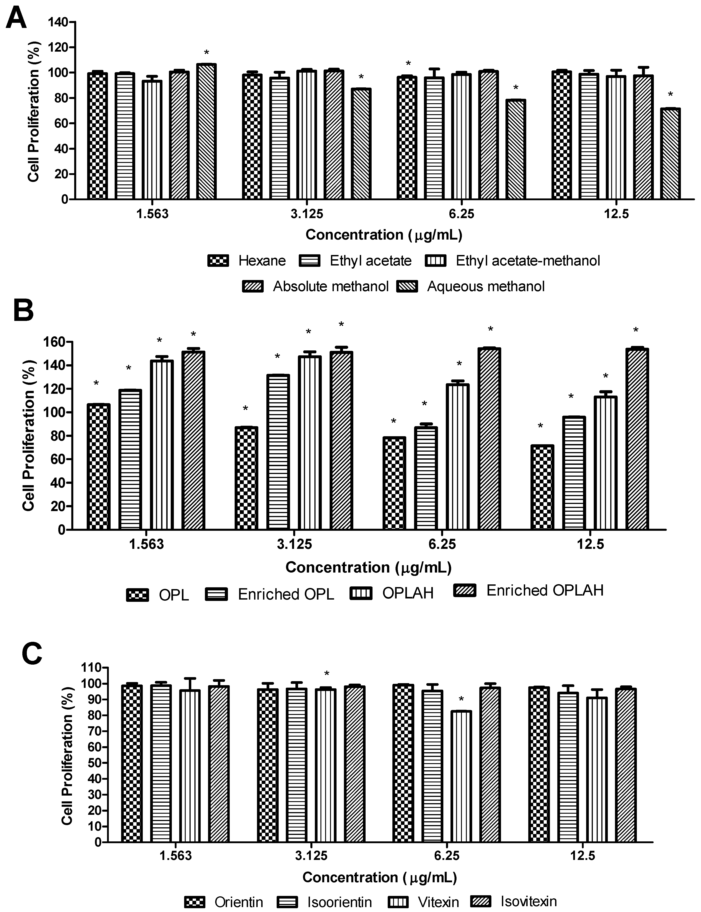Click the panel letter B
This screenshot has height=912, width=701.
pos(23,311)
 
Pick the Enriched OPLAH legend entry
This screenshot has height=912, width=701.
pos(545,590)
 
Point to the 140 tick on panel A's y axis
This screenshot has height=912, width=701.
pos(58,22)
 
